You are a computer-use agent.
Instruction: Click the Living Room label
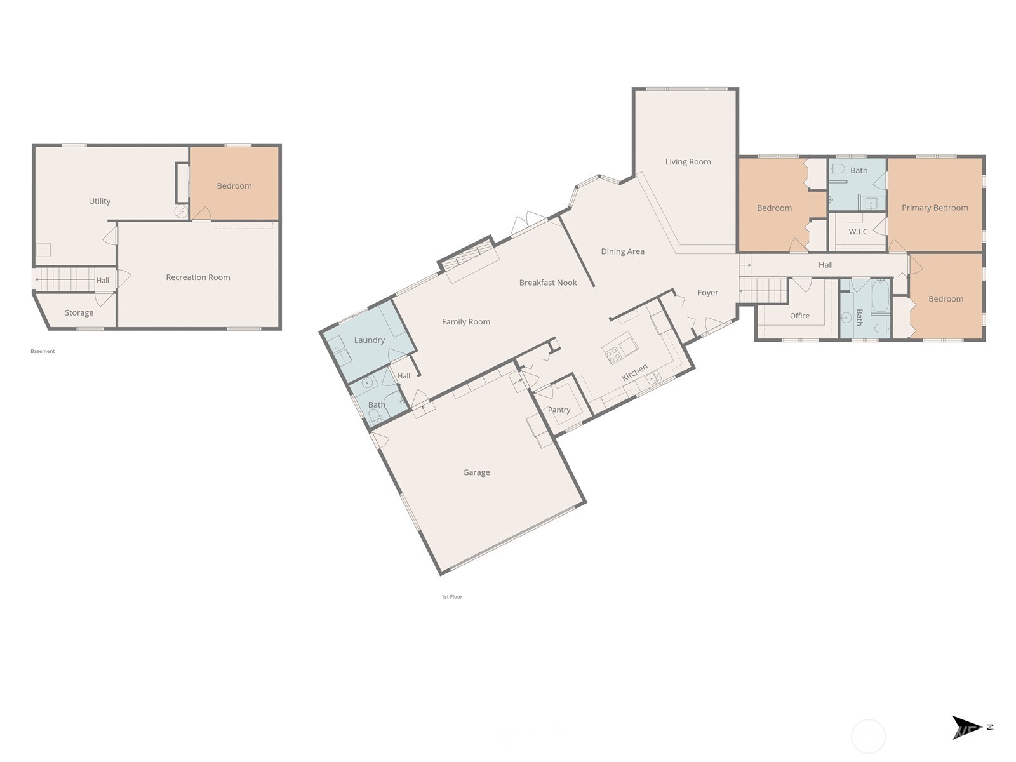click(x=688, y=161)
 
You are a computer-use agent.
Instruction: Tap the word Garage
click(x=476, y=472)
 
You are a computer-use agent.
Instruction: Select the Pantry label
click(x=559, y=410)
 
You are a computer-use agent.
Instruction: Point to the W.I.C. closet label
click(x=859, y=231)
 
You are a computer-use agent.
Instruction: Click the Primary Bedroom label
click(x=935, y=208)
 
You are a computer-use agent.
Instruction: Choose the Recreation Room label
click(x=198, y=277)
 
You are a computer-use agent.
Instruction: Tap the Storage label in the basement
click(x=79, y=313)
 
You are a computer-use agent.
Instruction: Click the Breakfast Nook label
click(x=548, y=283)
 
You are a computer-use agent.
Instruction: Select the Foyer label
click(x=708, y=292)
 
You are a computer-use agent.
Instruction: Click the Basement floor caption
click(x=43, y=351)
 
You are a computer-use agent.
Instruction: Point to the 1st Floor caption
click(x=451, y=597)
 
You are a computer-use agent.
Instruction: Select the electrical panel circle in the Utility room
click(x=181, y=212)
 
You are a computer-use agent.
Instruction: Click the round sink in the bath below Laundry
click(x=367, y=383)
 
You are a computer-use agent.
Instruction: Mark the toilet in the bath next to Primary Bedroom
click(x=836, y=168)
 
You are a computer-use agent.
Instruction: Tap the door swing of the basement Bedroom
click(x=202, y=214)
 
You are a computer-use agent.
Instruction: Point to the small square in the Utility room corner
click(x=44, y=250)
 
